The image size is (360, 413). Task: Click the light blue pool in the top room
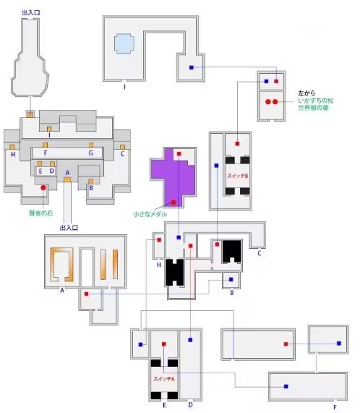click(x=124, y=43)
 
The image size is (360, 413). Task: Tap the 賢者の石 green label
click(x=41, y=213)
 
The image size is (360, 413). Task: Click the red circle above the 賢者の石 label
click(x=43, y=187)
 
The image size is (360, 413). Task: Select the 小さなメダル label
click(x=150, y=214)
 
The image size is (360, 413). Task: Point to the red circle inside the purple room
click(x=173, y=203)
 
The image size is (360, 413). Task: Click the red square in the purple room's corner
click(x=179, y=153)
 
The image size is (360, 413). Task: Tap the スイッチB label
click(x=238, y=176)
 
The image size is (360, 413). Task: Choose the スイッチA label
click(x=164, y=379)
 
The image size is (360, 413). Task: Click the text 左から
click(x=307, y=93)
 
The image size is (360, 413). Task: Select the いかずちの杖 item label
click(x=316, y=101)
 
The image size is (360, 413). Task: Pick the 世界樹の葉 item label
click(x=314, y=108)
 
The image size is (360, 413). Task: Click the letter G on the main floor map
click(x=91, y=153)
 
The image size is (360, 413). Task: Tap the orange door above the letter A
click(x=67, y=179)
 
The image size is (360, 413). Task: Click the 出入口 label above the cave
click(x=31, y=12)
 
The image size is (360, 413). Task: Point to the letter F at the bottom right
click(x=335, y=407)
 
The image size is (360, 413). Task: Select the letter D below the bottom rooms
click(x=191, y=405)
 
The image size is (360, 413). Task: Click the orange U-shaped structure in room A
click(x=62, y=265)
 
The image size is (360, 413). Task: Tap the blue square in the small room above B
click(x=231, y=279)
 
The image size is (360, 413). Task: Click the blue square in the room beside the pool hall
click(x=192, y=67)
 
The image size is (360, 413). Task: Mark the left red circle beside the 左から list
click(x=268, y=102)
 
